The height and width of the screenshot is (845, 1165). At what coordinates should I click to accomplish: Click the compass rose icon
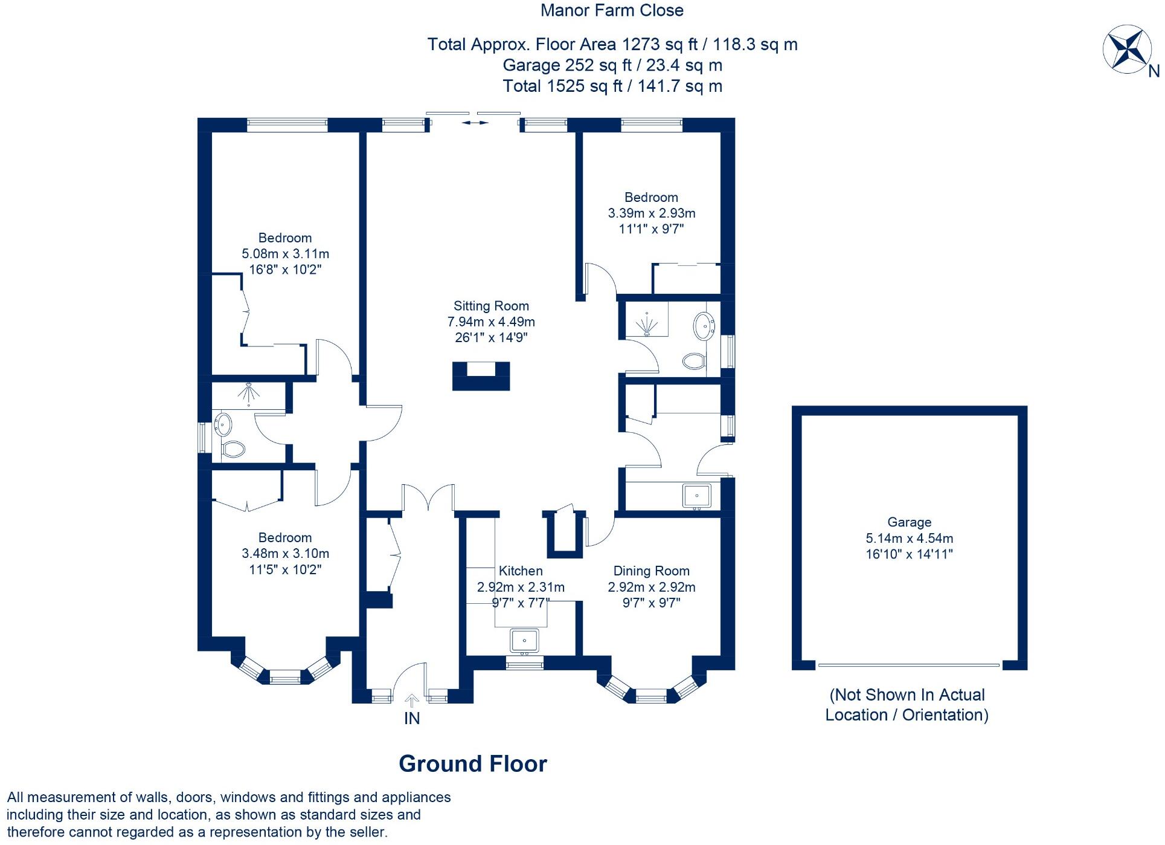1125,50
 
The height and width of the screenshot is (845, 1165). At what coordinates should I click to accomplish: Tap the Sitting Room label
491,306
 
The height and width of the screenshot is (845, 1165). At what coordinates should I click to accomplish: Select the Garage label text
909,522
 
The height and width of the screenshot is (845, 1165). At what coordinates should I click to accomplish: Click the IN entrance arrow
412,701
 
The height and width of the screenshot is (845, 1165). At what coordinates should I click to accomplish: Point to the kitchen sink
524,640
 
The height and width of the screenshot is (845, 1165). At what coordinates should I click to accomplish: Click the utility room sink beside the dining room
696,496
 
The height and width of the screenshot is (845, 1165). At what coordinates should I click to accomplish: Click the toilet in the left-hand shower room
233,449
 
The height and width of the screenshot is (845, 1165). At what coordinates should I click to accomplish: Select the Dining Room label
651,571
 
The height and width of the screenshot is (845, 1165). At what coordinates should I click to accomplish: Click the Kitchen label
521,571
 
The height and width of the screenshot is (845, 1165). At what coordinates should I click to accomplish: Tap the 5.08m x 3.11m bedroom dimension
285,254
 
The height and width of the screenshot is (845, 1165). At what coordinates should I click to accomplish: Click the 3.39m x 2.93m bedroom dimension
651,213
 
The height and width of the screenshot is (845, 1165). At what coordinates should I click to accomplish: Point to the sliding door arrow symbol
475,123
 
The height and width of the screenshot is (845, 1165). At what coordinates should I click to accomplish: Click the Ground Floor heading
473,764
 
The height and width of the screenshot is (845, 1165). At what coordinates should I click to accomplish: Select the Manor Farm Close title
612,10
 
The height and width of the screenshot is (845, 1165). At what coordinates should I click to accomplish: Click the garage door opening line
908,665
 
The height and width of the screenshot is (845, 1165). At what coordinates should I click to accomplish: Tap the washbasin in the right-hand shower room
704,326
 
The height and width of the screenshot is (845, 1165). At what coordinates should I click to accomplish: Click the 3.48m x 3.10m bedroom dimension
285,554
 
